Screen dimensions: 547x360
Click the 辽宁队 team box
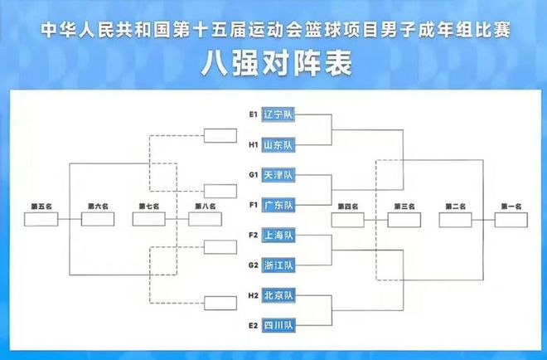278,114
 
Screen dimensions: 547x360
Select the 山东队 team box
278,144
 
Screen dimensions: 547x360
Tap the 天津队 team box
278,175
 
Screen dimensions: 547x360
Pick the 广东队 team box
278,205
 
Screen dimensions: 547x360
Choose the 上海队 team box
278,235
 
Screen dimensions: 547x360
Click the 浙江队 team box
278,265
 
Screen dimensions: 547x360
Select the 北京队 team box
278,295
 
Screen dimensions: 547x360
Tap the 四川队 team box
278,325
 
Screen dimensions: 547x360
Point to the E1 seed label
254,114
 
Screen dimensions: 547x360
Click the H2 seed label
254,295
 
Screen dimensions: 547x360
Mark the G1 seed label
254,175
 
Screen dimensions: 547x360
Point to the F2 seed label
254,235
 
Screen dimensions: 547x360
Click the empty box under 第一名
511,220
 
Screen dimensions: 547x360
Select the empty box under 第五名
41,219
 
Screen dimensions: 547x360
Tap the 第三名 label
404,207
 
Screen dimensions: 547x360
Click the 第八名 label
206,207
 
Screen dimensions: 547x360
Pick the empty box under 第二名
455,220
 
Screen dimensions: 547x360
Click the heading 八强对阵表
276,64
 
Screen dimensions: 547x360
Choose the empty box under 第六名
98,219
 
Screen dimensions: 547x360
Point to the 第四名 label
348,207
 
